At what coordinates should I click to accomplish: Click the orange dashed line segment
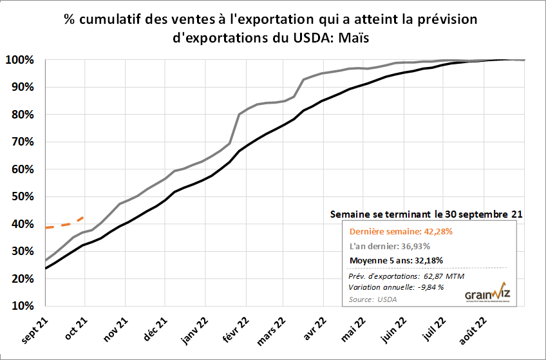64,224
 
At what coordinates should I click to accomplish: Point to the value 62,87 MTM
442,276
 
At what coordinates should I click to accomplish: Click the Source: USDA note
373,299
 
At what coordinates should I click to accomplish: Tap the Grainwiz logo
487,293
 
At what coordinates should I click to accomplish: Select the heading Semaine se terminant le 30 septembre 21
426,213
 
